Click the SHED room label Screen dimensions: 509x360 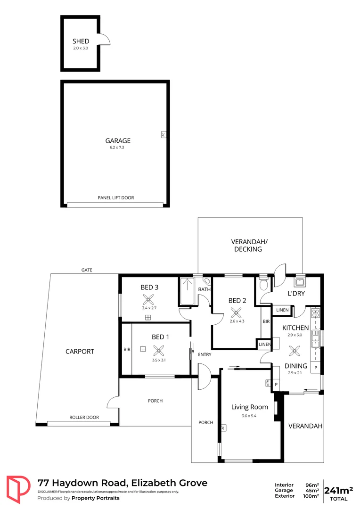pos(80,41)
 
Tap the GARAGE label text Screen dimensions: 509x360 pos(118,140)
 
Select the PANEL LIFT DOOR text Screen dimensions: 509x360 pos(116,198)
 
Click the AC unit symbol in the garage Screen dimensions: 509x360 pos(163,134)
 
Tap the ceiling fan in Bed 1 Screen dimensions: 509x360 pos(159,349)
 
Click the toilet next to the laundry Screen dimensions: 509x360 pos(264,285)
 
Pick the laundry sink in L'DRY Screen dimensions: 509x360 pos(299,282)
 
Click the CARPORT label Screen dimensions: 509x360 pos(80,352)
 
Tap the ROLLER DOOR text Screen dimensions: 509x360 pos(84,418)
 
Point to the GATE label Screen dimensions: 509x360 pos(86,270)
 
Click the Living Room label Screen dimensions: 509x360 pos(249,407)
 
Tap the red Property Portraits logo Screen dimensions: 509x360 pos(17,490)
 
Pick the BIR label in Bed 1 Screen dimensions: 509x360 pos(127,350)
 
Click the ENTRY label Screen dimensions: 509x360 pos(205,354)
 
